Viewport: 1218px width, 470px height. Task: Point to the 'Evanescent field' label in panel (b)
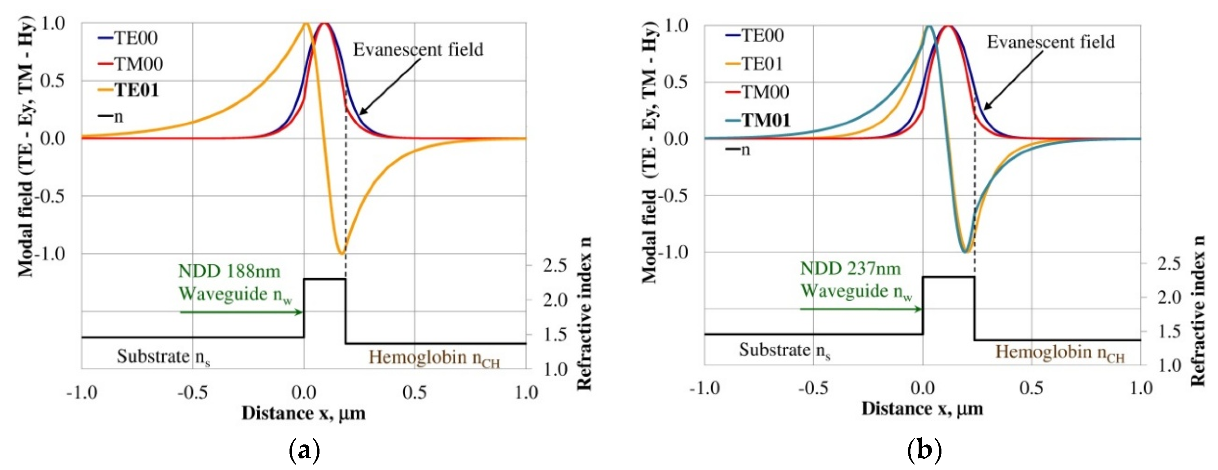[1050, 42]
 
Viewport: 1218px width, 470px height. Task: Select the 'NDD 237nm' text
[850, 269]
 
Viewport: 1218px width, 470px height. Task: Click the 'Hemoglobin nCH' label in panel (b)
[1059, 353]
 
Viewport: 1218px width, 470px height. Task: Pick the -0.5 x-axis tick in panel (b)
[813, 388]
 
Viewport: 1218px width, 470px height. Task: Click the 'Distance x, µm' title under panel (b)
[922, 409]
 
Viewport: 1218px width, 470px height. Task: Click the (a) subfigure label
[304, 450]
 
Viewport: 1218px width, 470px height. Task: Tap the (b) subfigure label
[924, 450]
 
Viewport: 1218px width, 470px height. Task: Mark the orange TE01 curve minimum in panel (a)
[341, 254]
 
